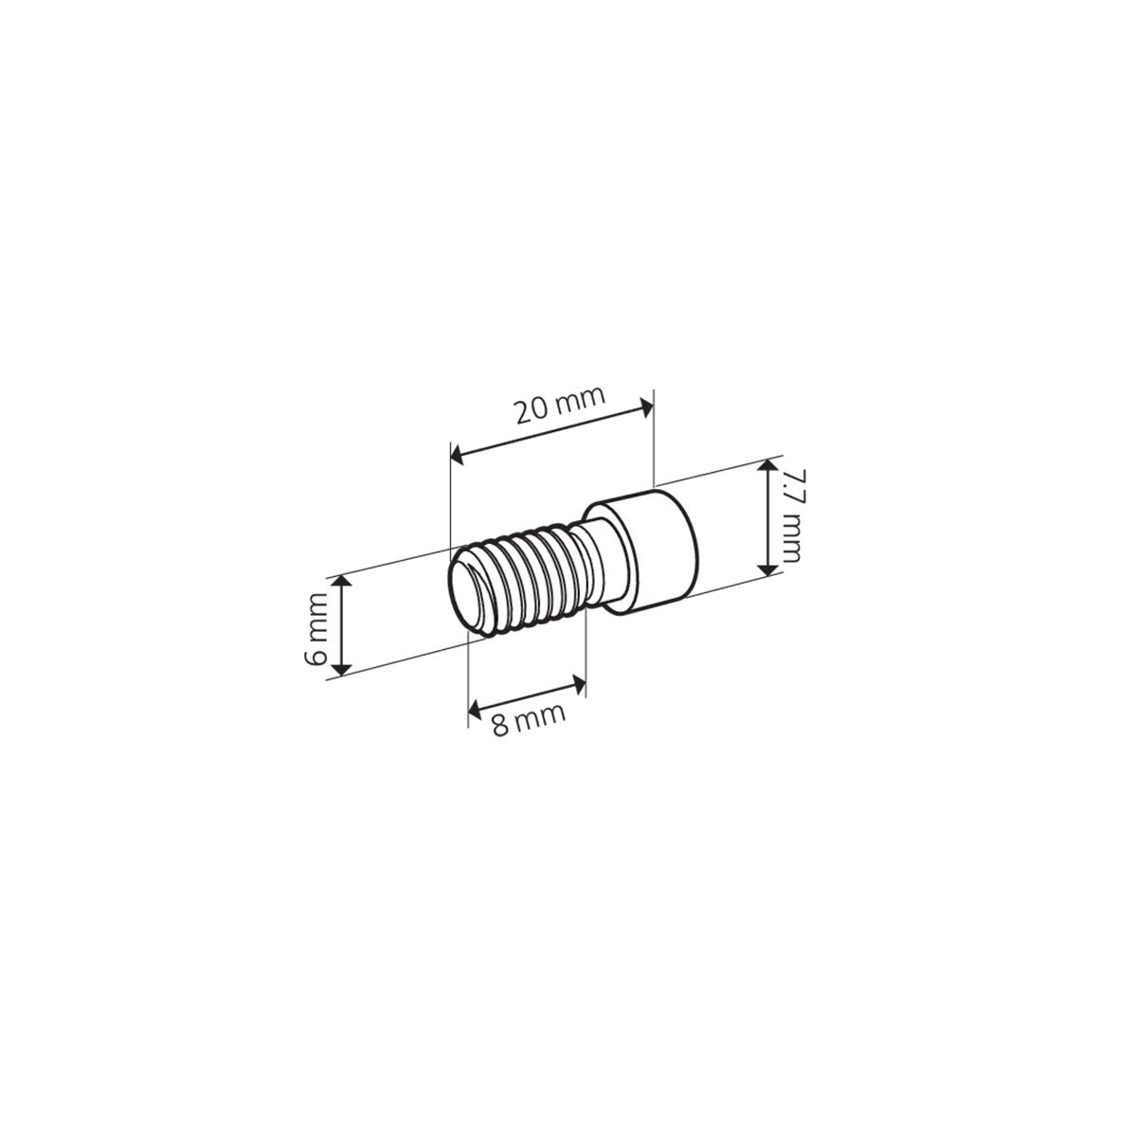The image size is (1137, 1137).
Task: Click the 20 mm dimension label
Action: pyautogui.click(x=559, y=408)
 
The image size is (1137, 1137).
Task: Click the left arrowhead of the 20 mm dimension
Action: pyautogui.click(x=457, y=457)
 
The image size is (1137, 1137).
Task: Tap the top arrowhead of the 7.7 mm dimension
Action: pyautogui.click(x=767, y=468)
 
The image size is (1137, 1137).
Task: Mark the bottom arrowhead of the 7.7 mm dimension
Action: pyautogui.click(x=767, y=568)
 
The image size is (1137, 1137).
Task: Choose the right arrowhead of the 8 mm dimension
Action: pyautogui.click(x=580, y=681)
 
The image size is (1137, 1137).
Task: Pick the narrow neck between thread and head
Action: pyautogui.click(x=597, y=559)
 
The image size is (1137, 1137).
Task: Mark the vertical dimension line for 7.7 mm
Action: pyautogui.click(x=767, y=517)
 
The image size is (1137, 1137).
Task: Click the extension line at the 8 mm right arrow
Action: pyautogui.click(x=587, y=654)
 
